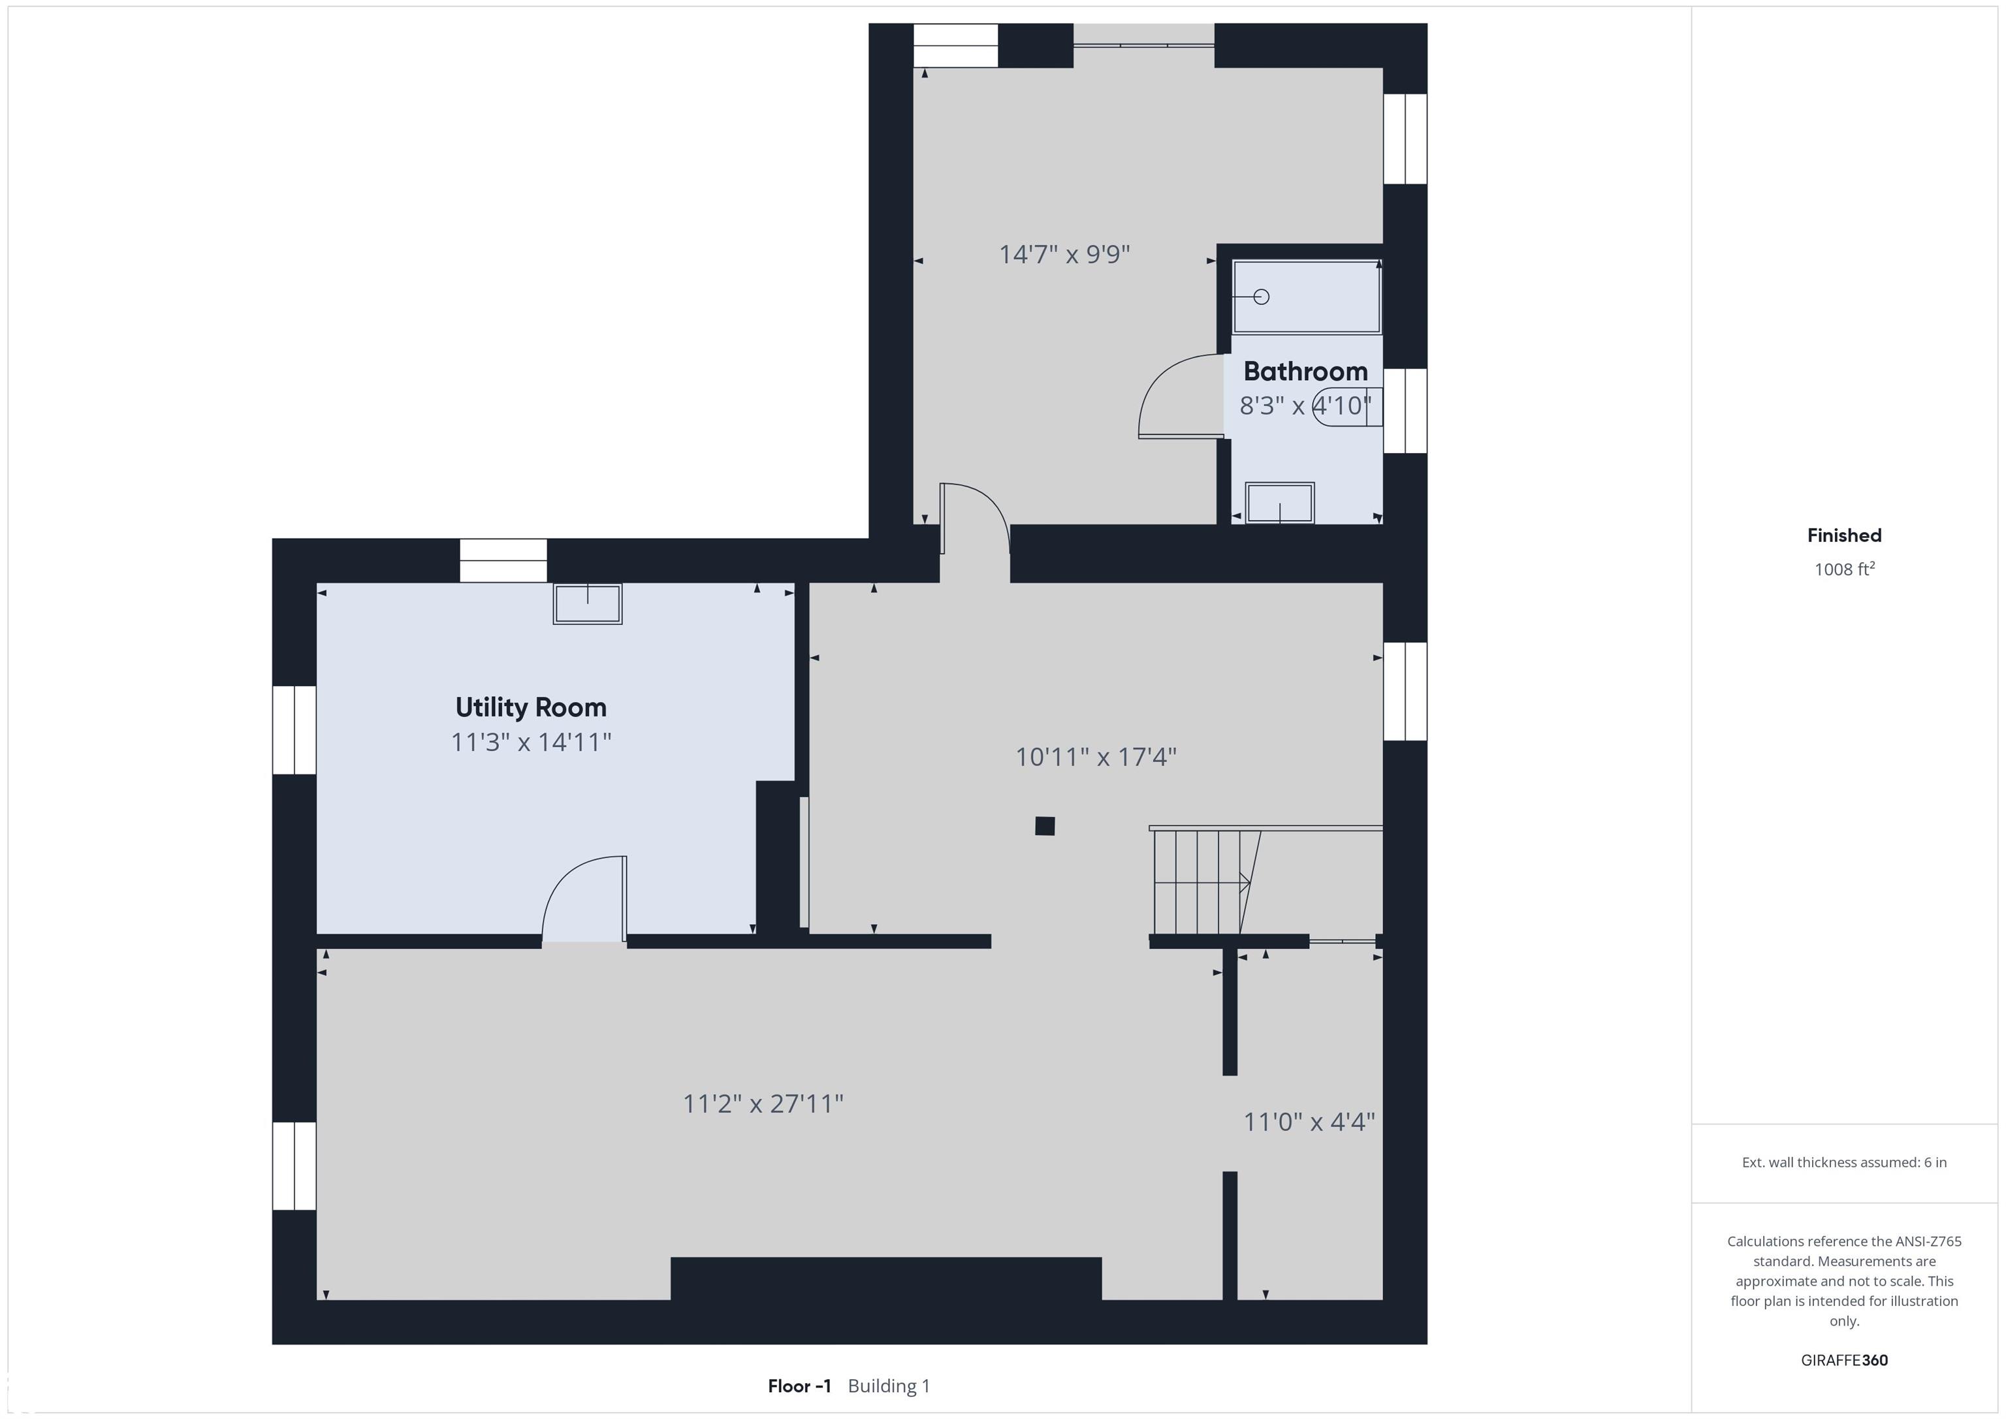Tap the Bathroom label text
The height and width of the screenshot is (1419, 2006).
(x=1305, y=372)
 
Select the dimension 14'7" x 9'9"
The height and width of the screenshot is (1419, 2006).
(x=1064, y=254)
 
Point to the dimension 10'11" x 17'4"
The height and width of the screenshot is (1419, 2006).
(x=1096, y=757)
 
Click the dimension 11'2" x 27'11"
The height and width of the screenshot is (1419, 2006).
(x=763, y=1104)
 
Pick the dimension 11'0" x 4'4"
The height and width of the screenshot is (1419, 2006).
(x=1309, y=1121)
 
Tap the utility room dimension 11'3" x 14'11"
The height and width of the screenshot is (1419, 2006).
(x=530, y=742)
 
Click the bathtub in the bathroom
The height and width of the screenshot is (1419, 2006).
(x=1306, y=297)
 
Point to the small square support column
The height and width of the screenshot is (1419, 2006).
(x=1045, y=825)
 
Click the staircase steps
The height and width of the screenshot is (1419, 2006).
(x=1205, y=882)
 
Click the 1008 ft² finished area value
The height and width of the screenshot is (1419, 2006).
(x=1844, y=569)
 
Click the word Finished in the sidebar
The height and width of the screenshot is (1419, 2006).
(x=1844, y=535)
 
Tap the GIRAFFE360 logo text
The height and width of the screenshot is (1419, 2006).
(x=1844, y=1360)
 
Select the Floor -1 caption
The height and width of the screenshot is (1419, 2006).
(x=799, y=1386)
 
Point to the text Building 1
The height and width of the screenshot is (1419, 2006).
(x=889, y=1386)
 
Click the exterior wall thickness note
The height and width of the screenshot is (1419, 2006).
(x=1844, y=1162)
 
